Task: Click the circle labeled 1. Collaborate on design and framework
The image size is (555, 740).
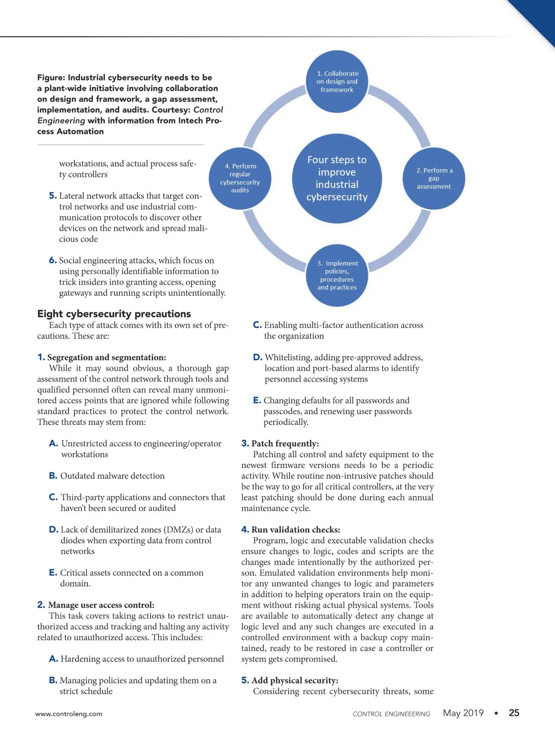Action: point(337,81)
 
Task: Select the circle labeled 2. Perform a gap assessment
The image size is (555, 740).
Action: point(434,179)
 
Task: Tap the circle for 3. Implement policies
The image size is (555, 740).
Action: point(337,275)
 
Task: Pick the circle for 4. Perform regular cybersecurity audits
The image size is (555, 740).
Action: point(240,178)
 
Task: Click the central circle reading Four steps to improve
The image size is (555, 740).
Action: point(337,179)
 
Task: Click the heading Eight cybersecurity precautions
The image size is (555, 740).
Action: point(114,314)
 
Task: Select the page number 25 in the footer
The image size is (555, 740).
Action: point(514,713)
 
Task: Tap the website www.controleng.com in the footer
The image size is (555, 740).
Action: point(69,714)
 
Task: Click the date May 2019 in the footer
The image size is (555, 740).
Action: point(463,713)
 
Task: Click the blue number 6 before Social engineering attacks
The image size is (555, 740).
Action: point(53,260)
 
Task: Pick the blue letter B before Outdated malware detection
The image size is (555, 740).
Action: point(53,476)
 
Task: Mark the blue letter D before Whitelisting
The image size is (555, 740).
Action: point(258,358)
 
